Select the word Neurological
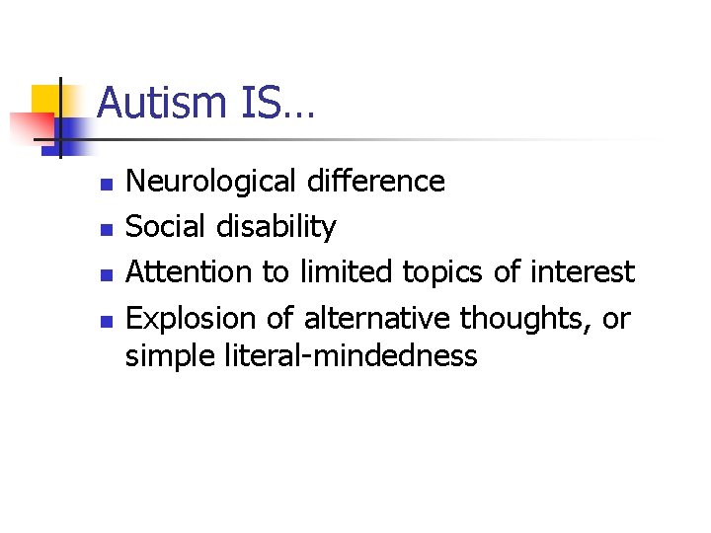211,182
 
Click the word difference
376,182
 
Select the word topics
450,271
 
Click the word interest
582,271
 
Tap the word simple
169,356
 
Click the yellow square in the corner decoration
46,99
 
